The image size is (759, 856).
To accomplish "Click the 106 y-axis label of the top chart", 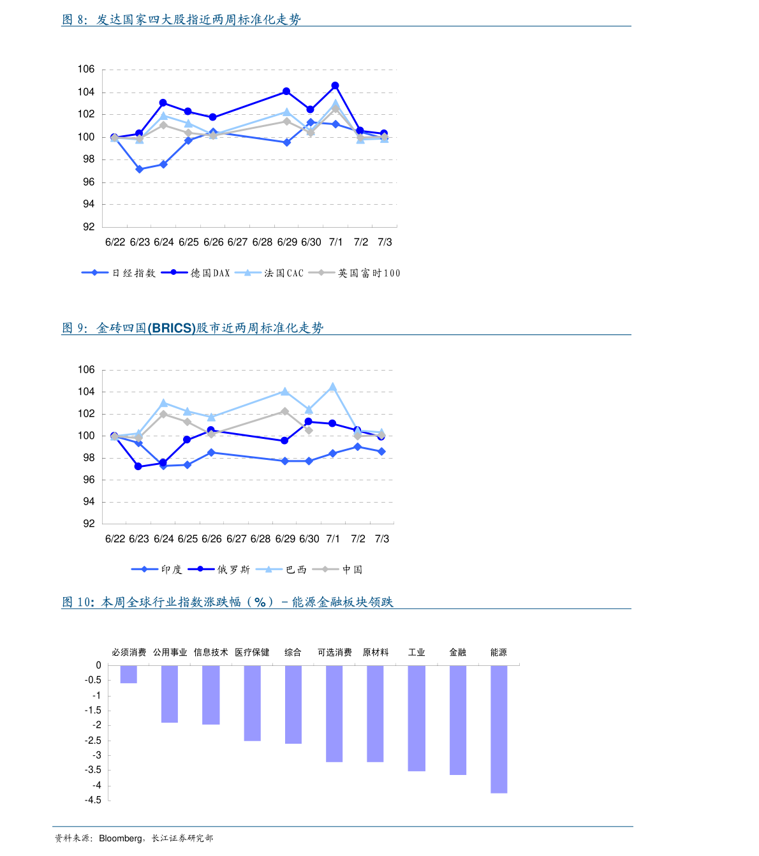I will click(x=86, y=70).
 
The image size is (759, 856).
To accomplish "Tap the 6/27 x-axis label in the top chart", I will click(x=237, y=242).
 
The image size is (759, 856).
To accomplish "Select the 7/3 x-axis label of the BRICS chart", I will click(x=381, y=539).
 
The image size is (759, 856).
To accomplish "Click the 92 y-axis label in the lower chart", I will click(x=89, y=524).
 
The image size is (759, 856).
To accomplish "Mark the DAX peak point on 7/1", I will click(x=335, y=85).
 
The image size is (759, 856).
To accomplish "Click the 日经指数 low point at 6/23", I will click(x=139, y=169).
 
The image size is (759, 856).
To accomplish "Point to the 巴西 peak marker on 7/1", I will click(x=333, y=387).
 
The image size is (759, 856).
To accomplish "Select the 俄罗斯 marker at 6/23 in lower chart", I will click(x=138, y=466).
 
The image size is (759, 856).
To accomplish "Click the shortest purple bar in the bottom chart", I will click(x=128, y=674).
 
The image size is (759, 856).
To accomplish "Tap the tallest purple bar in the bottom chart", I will click(x=499, y=729).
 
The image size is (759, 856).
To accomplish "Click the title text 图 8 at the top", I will click(x=73, y=20).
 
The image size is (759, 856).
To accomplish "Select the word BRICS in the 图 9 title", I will click(x=172, y=328).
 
